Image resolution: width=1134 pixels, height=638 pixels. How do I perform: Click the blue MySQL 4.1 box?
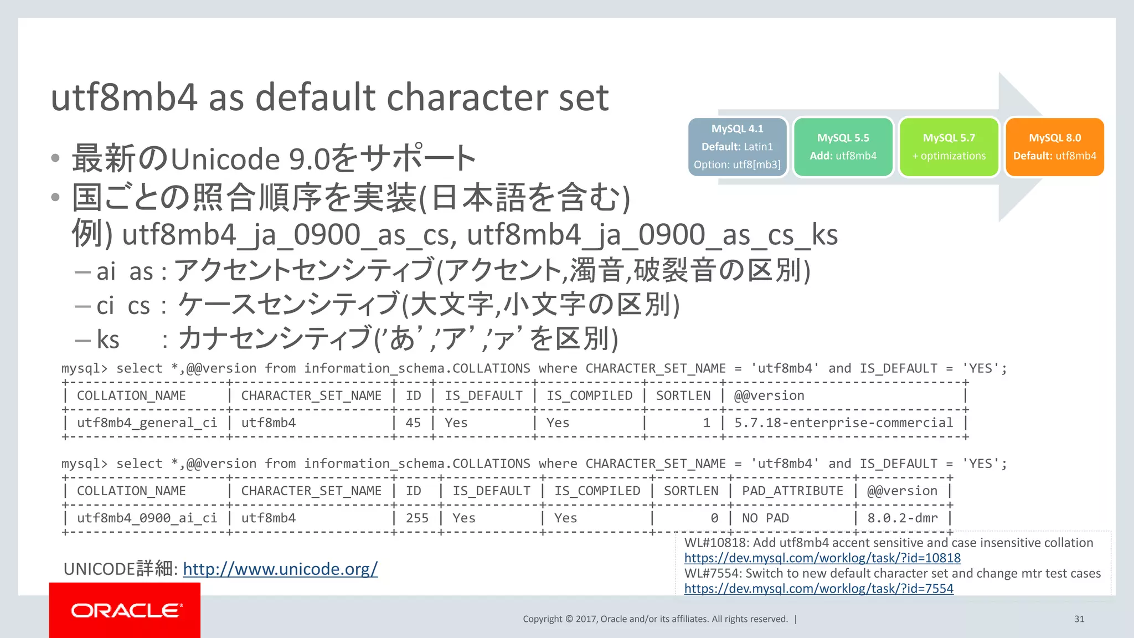pyautogui.click(x=737, y=147)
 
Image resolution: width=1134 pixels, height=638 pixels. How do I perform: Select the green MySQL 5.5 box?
pyautogui.click(x=843, y=147)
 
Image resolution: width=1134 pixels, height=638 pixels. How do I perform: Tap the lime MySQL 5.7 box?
pyautogui.click(x=949, y=147)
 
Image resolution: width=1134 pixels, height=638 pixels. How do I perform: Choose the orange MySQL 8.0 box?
pyautogui.click(x=1054, y=147)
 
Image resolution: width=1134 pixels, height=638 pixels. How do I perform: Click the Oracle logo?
pyautogui.click(x=125, y=610)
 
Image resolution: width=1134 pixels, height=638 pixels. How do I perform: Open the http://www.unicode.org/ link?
pyautogui.click(x=280, y=569)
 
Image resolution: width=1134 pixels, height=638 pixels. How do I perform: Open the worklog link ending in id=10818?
pyautogui.click(x=822, y=558)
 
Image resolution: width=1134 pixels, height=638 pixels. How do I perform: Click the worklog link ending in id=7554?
pyautogui.click(x=818, y=588)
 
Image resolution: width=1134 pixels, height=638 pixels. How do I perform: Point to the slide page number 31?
pyautogui.click(x=1079, y=619)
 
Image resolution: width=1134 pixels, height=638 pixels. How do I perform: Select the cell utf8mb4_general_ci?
pyautogui.click(x=147, y=423)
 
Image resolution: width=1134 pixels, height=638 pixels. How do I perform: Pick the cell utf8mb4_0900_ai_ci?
pyautogui.click(x=147, y=518)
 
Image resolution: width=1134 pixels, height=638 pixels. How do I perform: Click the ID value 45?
pyautogui.click(x=413, y=423)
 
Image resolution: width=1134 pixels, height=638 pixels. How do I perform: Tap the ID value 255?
pyautogui.click(x=417, y=518)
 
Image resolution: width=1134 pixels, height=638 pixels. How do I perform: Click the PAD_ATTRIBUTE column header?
pyautogui.click(x=792, y=491)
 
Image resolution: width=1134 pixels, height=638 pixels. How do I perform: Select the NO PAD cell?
pyautogui.click(x=765, y=518)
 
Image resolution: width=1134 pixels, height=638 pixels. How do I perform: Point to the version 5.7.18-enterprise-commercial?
pyautogui.click(x=843, y=423)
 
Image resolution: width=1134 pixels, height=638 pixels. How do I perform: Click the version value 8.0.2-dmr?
pyautogui.click(x=902, y=518)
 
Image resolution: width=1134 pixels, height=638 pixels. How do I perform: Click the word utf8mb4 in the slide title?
pyautogui.click(x=123, y=97)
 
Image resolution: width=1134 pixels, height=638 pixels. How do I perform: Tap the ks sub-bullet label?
pyautogui.click(x=108, y=339)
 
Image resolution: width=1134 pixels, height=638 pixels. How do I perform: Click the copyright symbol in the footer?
pyautogui.click(x=569, y=619)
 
